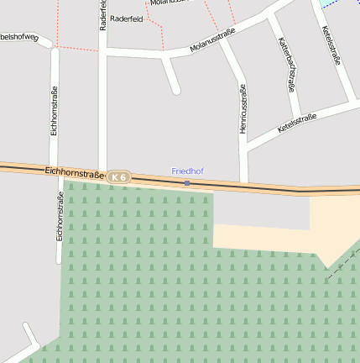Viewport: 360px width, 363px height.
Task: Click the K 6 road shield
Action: point(120,177)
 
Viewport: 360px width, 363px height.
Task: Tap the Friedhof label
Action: point(187,171)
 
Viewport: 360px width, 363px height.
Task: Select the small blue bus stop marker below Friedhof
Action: point(187,183)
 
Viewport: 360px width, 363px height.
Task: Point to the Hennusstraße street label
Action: point(243,108)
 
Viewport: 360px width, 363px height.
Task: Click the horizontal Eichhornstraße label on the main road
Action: point(74,172)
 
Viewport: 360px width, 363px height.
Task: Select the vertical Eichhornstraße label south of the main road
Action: point(60,217)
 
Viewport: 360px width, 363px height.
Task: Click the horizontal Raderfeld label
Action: point(125,18)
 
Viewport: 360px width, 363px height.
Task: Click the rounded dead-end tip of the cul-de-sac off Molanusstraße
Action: point(175,89)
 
